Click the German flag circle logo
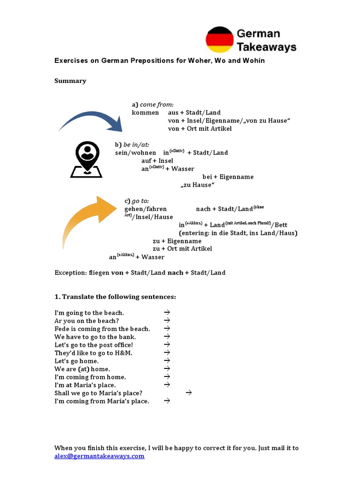point(219,40)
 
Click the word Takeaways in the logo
point(266,47)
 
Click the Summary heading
point(70,81)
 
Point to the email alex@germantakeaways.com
point(99,456)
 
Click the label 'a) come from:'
point(153,105)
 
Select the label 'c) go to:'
point(136,201)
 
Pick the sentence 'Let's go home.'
point(76,361)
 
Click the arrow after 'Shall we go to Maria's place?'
point(189,393)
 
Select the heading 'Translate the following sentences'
point(119,297)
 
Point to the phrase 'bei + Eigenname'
point(228,177)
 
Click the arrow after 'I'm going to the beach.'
point(166,312)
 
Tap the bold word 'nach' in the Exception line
point(175,272)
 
